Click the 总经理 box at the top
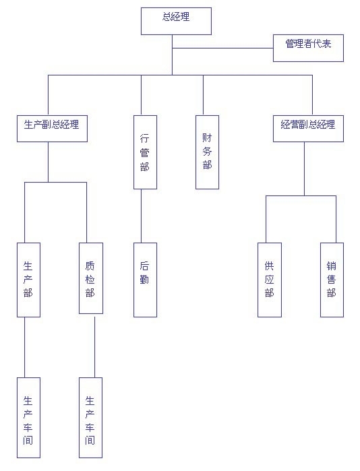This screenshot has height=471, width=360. coord(176,21)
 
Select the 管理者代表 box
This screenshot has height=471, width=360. coord(308,48)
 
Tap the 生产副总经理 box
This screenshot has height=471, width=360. coord(52,129)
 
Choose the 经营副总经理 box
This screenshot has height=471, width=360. coord(308,129)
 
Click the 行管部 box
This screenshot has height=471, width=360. coord(145,152)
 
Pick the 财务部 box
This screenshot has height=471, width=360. coord(207,152)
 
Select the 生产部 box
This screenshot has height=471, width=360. coord(28,280)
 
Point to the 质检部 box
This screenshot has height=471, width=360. coord(91,278)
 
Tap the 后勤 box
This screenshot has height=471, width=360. coord(145,280)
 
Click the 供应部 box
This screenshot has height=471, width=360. coord(270,280)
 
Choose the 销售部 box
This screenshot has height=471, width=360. coord(332,280)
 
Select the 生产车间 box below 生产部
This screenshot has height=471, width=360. coord(28,418)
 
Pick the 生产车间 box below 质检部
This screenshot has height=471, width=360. coord(90,418)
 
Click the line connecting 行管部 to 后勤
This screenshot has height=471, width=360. coord(141,216)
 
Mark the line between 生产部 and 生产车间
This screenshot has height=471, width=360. coord(25,347)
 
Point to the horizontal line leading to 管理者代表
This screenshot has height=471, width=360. coord(222,48)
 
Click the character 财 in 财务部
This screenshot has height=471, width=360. coord(207,138)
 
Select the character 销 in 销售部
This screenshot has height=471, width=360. coord(332,266)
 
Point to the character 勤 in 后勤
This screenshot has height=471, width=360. coord(144,280)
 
